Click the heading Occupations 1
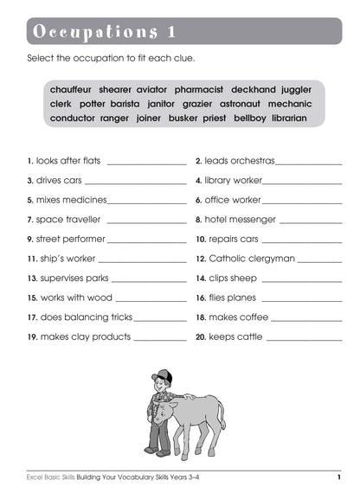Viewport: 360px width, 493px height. (104, 32)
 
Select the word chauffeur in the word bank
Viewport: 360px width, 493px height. (72, 89)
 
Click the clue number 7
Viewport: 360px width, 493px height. (30, 220)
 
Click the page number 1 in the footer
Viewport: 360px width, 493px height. (339, 477)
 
